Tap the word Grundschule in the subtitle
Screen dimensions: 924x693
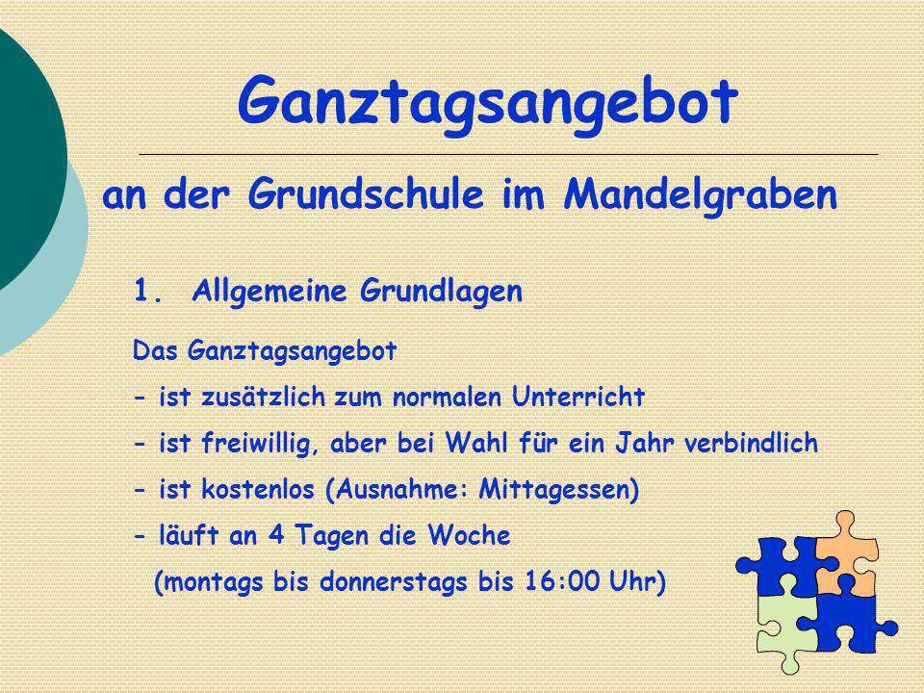(366, 195)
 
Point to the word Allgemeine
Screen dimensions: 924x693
(269, 292)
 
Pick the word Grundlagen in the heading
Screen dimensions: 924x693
(442, 292)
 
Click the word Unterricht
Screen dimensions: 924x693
(578, 396)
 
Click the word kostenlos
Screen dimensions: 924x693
(258, 489)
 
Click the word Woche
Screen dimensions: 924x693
(469, 535)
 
